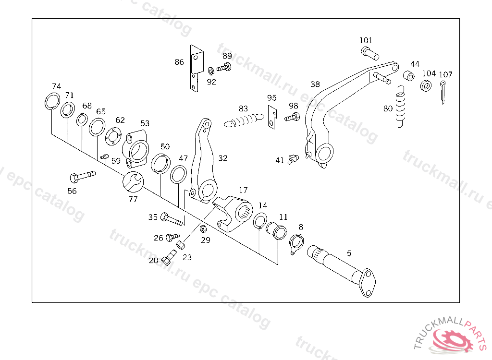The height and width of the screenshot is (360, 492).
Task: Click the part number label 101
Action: click(366, 40)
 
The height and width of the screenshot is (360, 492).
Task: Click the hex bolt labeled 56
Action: click(82, 176)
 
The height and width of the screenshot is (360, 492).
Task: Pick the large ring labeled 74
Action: click(52, 101)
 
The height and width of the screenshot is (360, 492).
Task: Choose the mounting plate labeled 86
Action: click(195, 68)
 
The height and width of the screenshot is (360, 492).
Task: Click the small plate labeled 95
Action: click(272, 117)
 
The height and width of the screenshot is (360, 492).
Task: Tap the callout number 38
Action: click(315, 84)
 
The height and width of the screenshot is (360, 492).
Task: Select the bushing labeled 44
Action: click(409, 76)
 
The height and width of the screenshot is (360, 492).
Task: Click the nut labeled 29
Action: click(203, 228)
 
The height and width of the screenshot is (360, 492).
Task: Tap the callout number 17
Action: click(244, 190)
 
